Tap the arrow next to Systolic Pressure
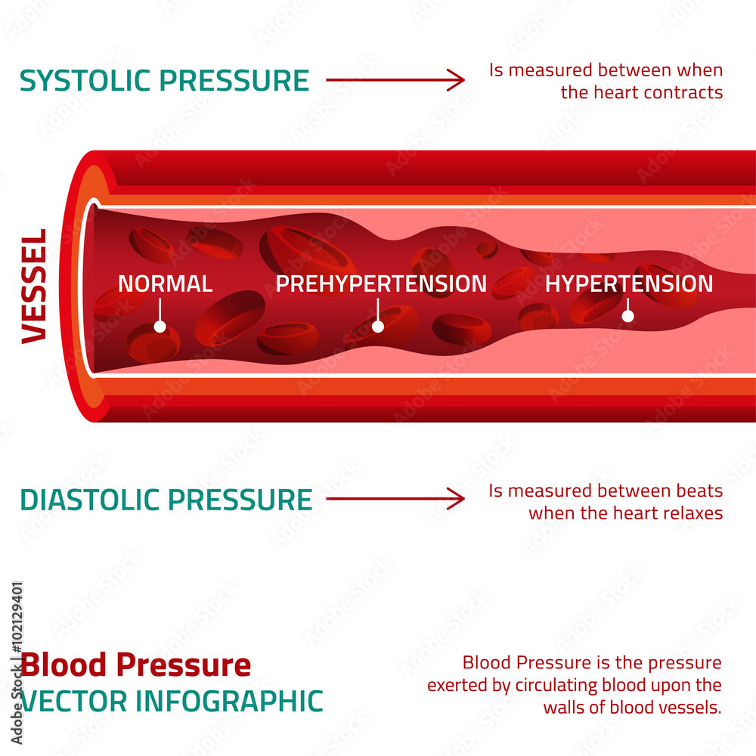pos(395,79)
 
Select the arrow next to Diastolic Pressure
pos(395,498)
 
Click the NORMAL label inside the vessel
pos(165,284)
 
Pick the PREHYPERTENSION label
pos(381,284)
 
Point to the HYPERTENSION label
pos(629,284)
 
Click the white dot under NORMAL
pos(160,327)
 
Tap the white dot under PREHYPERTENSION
pos(378,327)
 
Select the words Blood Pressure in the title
pos(136,665)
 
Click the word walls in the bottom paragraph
pos(564,708)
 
